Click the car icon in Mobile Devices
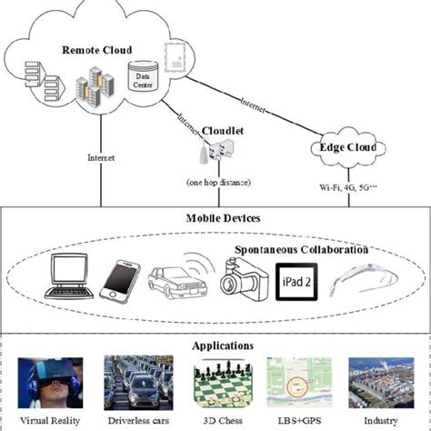(x=169, y=283)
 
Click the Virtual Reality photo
(x=49, y=384)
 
